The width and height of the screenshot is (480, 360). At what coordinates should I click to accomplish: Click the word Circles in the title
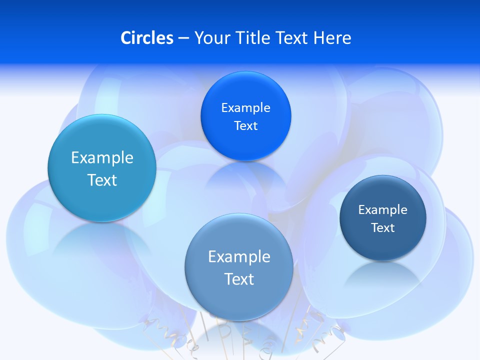pyautogui.click(x=147, y=38)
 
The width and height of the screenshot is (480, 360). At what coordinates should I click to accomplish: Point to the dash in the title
pyautogui.click(x=183, y=38)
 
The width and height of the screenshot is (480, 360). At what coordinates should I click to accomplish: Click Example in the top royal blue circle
pyautogui.click(x=245, y=108)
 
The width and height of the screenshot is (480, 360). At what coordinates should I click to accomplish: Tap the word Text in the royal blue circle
pyautogui.click(x=245, y=126)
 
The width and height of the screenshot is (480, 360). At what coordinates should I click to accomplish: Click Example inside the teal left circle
pyautogui.click(x=102, y=158)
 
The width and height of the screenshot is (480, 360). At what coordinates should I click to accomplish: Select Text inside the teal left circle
pyautogui.click(x=102, y=180)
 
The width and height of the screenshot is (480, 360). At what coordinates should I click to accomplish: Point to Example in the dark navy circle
pyautogui.click(x=383, y=210)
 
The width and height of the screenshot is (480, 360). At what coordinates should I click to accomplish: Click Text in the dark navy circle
pyautogui.click(x=383, y=228)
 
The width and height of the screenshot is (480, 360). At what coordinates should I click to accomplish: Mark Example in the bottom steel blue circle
pyautogui.click(x=239, y=257)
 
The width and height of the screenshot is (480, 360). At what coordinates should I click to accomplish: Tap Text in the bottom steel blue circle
pyautogui.click(x=239, y=279)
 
